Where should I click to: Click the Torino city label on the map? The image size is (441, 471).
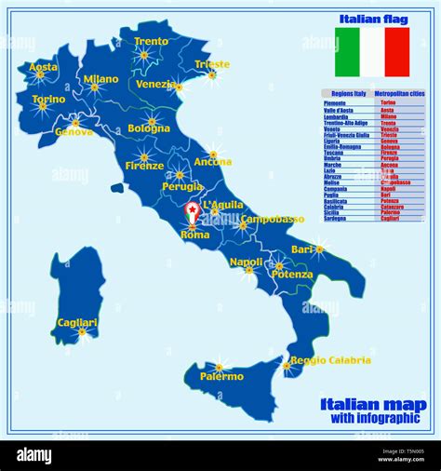[48, 99]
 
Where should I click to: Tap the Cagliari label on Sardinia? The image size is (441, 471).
[76, 322]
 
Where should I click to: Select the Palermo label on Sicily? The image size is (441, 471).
[221, 376]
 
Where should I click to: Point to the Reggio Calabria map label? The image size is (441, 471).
[330, 360]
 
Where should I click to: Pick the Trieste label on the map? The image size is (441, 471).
[212, 64]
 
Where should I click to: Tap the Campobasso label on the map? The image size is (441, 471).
[273, 220]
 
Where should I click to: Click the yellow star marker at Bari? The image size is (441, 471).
[319, 249]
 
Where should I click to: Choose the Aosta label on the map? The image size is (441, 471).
[43, 67]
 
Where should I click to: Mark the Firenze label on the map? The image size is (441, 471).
[144, 166]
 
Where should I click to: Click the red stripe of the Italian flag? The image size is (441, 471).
[397, 52]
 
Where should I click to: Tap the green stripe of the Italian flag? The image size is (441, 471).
[347, 52]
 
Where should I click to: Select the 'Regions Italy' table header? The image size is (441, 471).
[345, 94]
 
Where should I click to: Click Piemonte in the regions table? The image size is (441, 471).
[337, 102]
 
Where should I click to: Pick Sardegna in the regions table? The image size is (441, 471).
[338, 219]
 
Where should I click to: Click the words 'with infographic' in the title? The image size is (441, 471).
[374, 417]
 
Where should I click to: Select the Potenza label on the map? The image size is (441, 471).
[292, 275]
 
